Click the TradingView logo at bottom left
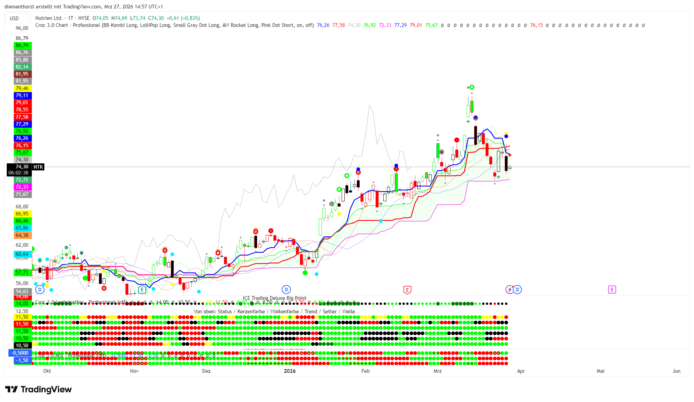(38, 389)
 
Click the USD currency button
(14, 18)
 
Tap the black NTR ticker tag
(38, 167)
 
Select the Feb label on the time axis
(365, 371)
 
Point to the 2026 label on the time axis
(290, 371)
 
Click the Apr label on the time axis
(521, 371)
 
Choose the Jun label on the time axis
(676, 371)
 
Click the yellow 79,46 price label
(22, 88)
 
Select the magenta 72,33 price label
(22, 187)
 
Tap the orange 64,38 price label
(22, 235)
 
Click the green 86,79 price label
(22, 45)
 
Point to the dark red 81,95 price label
(22, 74)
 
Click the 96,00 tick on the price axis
(22, 28)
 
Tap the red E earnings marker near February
(407, 290)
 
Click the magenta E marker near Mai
(612, 289)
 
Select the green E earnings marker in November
(142, 289)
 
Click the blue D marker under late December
(286, 289)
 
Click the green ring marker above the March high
(472, 87)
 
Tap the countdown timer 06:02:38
(19, 173)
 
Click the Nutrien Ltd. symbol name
(49, 18)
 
